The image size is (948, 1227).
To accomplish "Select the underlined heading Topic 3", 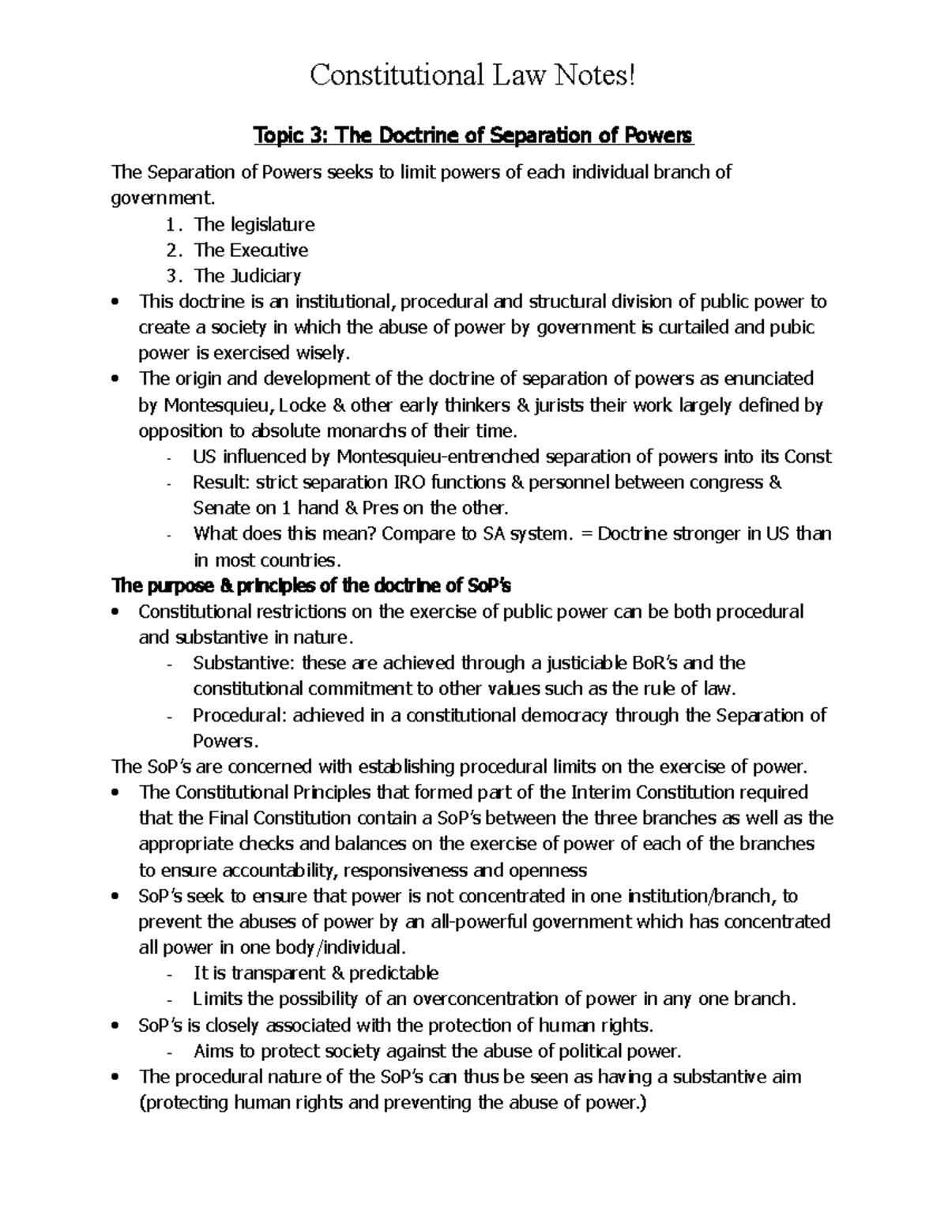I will pos(472,136).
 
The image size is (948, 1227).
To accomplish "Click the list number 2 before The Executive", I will pos(174,250).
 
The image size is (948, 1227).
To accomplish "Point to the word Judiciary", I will pos(266,276).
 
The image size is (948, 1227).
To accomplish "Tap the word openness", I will pos(551,870).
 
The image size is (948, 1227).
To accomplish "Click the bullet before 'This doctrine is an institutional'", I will pos(117,303).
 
